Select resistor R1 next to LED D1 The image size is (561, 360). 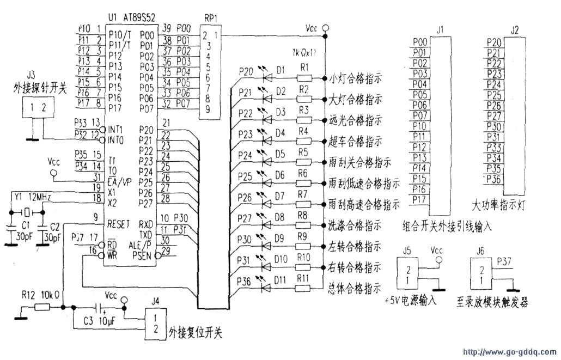(x=304, y=77)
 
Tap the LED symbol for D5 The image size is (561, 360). (x=267, y=161)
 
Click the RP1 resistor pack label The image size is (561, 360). (x=211, y=17)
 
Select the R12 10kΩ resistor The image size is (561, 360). (x=42, y=307)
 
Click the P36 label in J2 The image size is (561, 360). (x=494, y=180)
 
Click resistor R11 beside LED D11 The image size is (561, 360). (x=304, y=286)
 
